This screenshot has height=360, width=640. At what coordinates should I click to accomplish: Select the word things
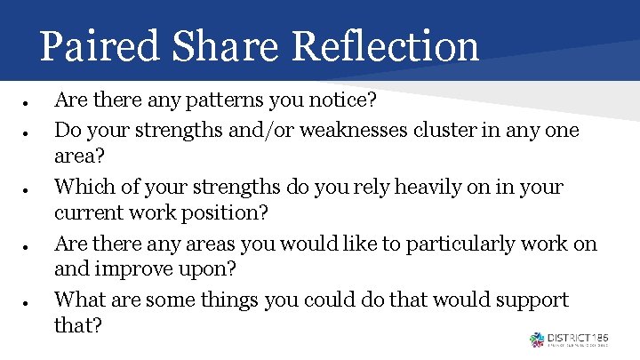click(x=230, y=300)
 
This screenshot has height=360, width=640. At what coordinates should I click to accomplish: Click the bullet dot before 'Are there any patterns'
click(x=28, y=105)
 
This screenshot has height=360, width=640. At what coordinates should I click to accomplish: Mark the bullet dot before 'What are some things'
click(x=28, y=301)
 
